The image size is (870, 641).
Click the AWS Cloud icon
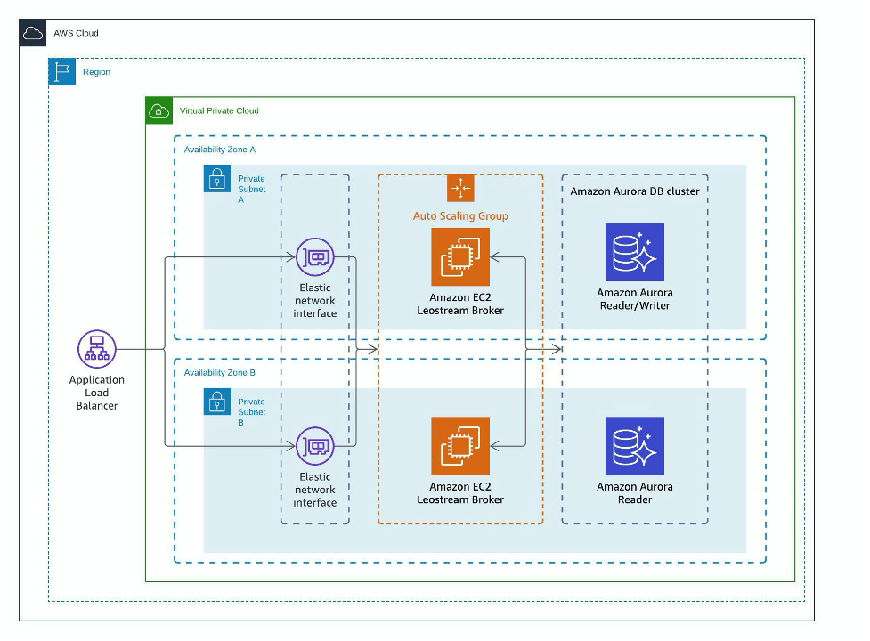(33, 33)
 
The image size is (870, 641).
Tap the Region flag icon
(62, 72)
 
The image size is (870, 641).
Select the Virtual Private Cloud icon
(159, 110)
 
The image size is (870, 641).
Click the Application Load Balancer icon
(97, 349)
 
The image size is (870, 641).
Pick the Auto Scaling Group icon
(460, 188)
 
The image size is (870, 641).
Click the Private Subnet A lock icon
(217, 179)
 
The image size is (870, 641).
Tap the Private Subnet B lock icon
(217, 402)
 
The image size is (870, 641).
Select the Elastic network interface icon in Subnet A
(315, 257)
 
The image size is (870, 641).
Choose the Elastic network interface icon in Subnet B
(315, 446)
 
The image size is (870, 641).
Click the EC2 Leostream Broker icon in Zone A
(460, 257)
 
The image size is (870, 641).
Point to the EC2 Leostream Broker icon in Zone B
(460, 446)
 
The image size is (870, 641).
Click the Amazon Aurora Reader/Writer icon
(635, 252)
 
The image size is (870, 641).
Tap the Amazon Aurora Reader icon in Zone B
(635, 446)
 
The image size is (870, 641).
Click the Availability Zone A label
(220, 150)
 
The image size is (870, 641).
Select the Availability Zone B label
(220, 373)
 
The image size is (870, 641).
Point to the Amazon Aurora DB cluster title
(635, 191)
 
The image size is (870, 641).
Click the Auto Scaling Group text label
(460, 216)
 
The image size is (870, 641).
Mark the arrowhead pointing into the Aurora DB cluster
(557, 349)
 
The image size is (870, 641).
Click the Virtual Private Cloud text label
(219, 111)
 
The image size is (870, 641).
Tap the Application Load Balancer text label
(96, 393)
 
